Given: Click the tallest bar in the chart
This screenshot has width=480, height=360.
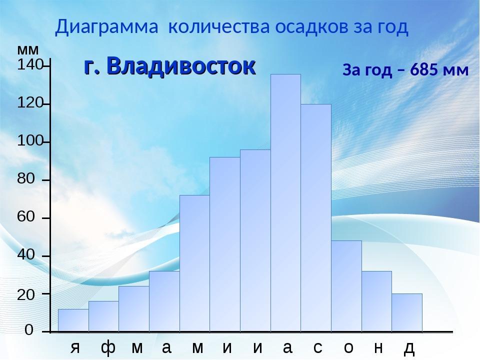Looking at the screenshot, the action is tap(285, 202).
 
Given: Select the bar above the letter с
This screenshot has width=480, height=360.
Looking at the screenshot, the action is tap(316, 217).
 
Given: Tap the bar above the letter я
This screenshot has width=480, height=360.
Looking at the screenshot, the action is tap(73, 320).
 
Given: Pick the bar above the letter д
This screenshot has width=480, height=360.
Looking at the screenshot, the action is tap(407, 312).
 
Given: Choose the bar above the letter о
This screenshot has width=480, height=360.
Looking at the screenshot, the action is tap(346, 286).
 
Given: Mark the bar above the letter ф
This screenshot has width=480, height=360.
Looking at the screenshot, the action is tap(104, 316).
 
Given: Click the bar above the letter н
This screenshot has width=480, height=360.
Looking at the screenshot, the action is tap(377, 301).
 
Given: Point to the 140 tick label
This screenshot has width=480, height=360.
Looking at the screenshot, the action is tap(30, 65).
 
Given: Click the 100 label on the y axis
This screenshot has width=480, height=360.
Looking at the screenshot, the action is tap(30, 141).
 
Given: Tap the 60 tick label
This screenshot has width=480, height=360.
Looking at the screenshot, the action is tap(26, 216).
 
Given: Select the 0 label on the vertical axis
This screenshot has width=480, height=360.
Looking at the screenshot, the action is tap(29, 330).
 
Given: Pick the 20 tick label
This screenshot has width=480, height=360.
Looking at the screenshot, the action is tap(26, 295).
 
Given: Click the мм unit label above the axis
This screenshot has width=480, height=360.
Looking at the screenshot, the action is tap(28, 49).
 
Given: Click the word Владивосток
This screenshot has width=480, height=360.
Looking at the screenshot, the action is tap(181, 65).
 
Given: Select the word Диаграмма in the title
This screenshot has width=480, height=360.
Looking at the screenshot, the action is tap(106, 27).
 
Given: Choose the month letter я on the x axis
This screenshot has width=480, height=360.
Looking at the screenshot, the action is tap(75, 348).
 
